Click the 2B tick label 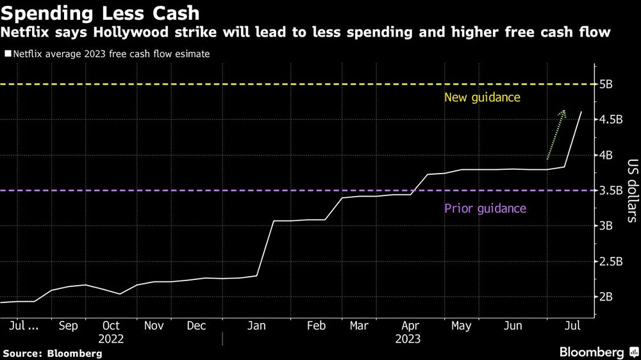[x=608, y=297]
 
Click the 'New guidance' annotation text [x=482, y=98]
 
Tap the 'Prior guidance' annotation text [x=485, y=208]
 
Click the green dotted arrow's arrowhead [x=563, y=112]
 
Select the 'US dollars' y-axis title [x=631, y=190]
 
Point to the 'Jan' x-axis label [x=256, y=325]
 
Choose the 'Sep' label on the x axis [x=68, y=325]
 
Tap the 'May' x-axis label [x=461, y=325]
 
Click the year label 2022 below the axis [x=111, y=339]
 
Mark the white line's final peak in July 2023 [x=581, y=111]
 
